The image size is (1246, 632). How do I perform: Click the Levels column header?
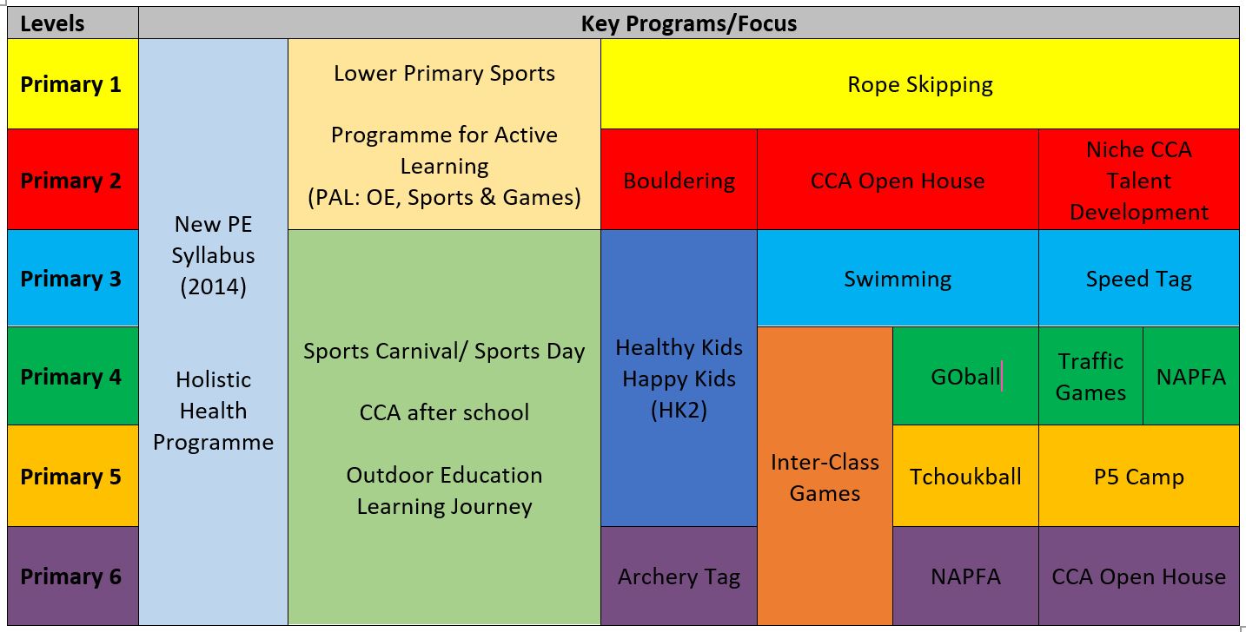[x=73, y=23]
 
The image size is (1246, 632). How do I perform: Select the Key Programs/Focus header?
[x=689, y=23]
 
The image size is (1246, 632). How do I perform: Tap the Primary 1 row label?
[x=73, y=84]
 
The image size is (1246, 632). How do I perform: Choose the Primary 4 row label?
[x=73, y=376]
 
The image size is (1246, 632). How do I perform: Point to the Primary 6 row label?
[x=73, y=576]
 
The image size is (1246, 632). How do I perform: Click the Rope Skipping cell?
[x=920, y=84]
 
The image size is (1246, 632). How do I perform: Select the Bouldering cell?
[x=679, y=180]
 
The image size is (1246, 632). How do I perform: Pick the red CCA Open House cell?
[x=898, y=180]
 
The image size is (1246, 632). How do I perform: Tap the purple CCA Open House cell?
[x=1138, y=576]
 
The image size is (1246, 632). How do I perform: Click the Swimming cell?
[x=898, y=278]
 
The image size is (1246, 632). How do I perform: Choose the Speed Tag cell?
[x=1138, y=278]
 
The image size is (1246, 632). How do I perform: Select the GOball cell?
[x=965, y=376]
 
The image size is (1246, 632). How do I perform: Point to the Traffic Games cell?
[x=1090, y=376]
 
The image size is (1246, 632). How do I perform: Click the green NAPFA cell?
[x=1191, y=376]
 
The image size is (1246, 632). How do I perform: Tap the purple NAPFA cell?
[x=965, y=576]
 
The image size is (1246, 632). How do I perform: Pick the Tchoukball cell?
[x=965, y=476]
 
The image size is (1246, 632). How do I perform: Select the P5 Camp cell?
[x=1138, y=476]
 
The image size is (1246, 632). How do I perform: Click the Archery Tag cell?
[x=679, y=576]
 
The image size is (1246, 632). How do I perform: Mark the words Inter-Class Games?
[x=825, y=477]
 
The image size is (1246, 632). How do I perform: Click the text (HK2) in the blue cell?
[x=679, y=410]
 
